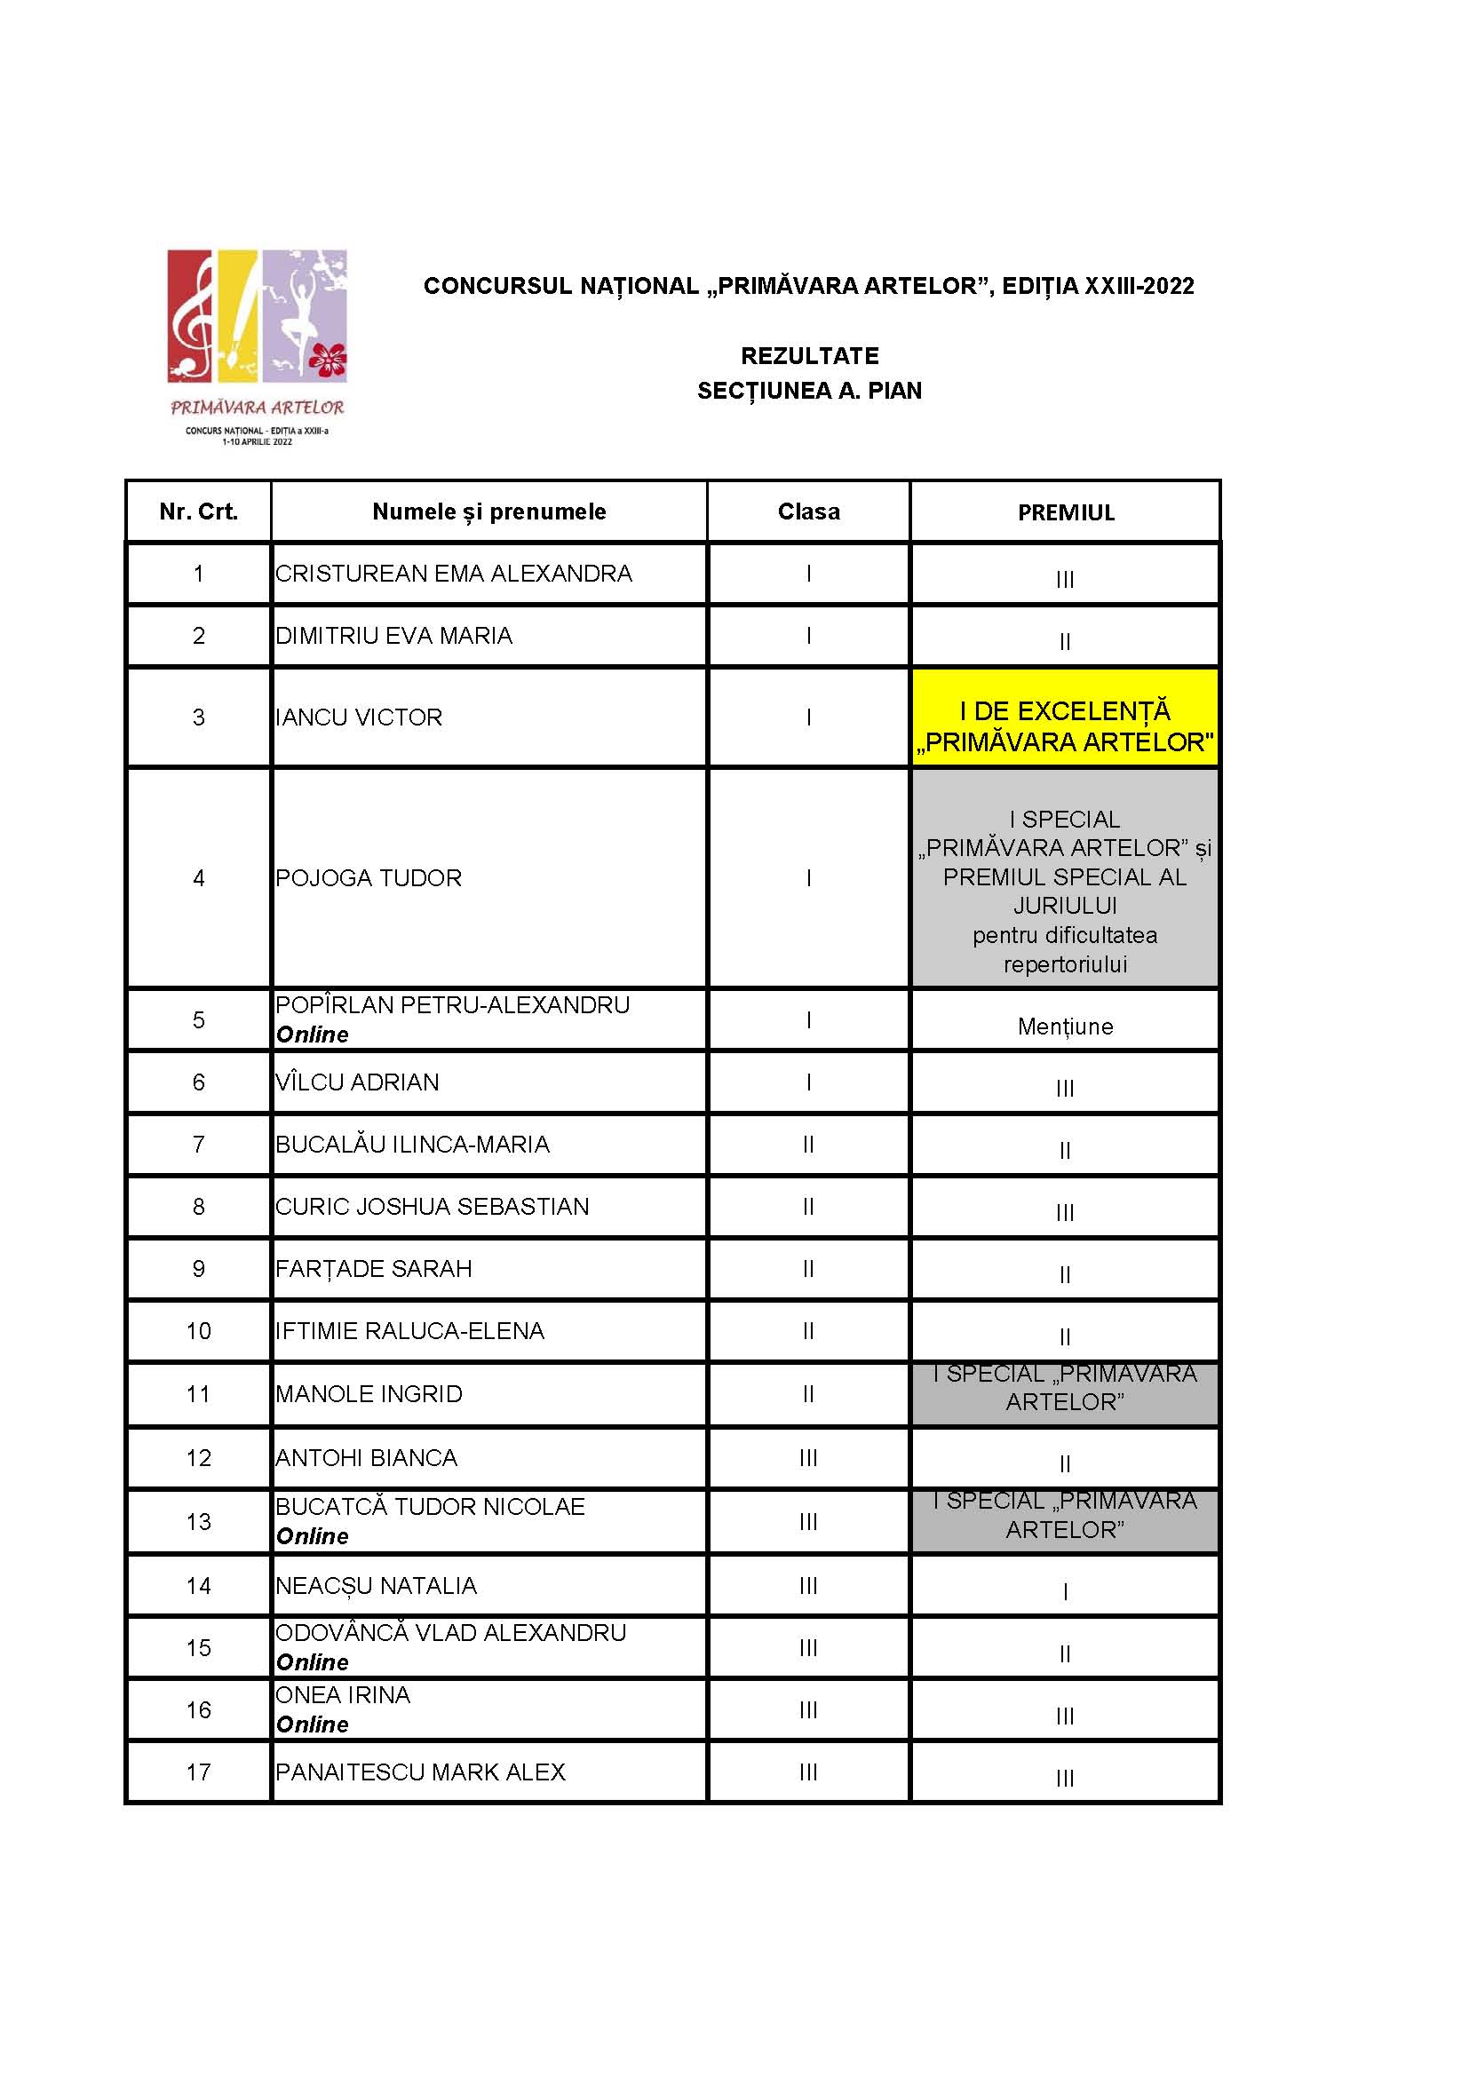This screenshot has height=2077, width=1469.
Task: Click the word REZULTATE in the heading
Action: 810,355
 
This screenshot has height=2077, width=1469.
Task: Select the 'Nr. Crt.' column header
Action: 198,512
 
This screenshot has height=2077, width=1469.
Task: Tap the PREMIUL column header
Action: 1066,513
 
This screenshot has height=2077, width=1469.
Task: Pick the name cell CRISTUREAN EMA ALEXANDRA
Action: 453,574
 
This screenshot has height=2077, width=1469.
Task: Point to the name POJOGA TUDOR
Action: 369,877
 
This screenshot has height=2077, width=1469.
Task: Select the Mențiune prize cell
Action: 1065,1026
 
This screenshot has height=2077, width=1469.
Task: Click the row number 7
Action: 198,1145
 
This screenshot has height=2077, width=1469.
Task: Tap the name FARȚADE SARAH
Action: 374,1268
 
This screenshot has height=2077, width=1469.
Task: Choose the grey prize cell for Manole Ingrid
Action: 1065,1394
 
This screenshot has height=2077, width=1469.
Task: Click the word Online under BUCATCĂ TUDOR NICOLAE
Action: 312,1536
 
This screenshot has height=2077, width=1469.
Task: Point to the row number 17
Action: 198,1772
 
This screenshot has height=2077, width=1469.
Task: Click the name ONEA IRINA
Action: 343,1694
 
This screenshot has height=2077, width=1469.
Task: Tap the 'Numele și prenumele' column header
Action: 488,512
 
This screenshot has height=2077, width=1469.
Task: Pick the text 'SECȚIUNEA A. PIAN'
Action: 810,391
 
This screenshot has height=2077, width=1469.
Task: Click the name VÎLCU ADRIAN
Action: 357,1082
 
